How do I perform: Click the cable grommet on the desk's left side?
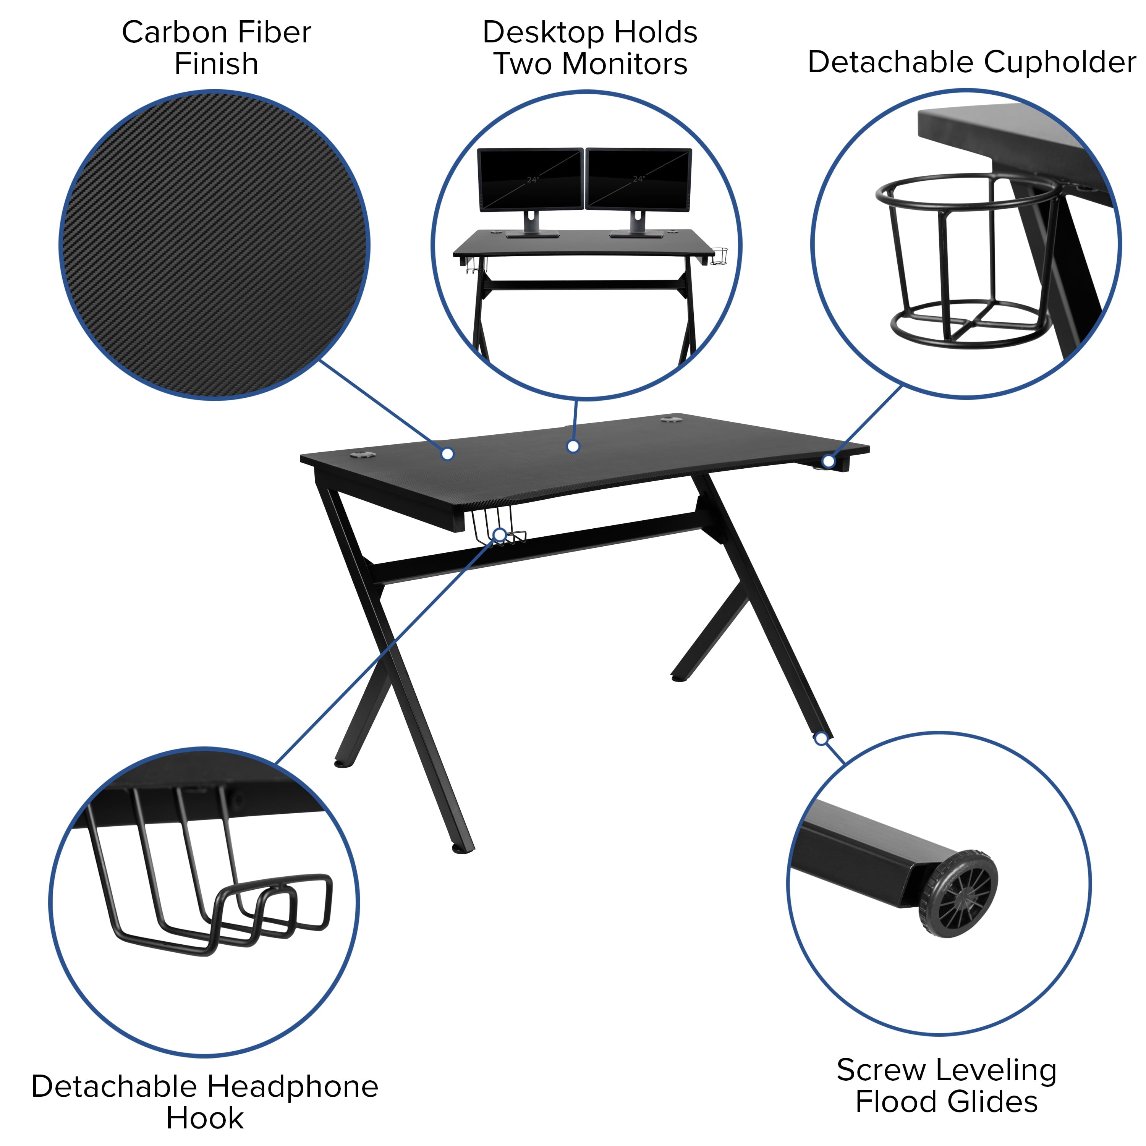point(362,456)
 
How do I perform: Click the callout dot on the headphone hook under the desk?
point(500,535)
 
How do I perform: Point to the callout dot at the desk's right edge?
point(828,461)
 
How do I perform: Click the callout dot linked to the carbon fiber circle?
point(448,454)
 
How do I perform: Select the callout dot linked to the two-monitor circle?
point(573,447)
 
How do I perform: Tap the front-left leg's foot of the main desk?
point(463,850)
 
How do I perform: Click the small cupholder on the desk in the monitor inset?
point(720,257)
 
